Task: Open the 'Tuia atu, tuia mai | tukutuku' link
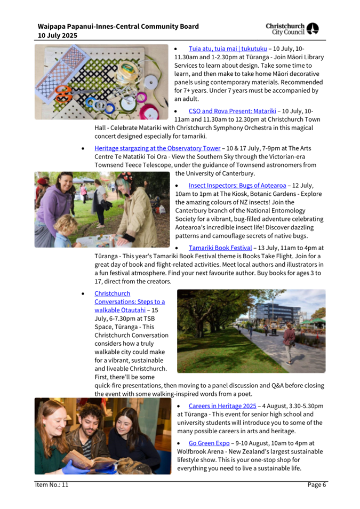228,49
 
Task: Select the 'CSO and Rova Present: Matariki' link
232,111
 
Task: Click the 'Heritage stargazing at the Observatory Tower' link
157,148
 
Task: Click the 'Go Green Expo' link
209,442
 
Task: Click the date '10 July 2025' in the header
57,35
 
